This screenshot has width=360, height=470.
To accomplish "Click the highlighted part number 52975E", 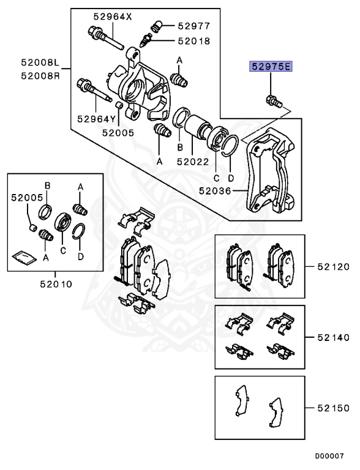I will pos(270,66).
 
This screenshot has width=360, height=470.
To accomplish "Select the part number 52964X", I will pos(112,17).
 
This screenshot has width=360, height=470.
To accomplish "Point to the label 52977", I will pos(194,26).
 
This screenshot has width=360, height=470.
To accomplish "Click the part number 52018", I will pos(194,41).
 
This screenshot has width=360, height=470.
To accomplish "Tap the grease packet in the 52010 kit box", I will pos(23,256).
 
